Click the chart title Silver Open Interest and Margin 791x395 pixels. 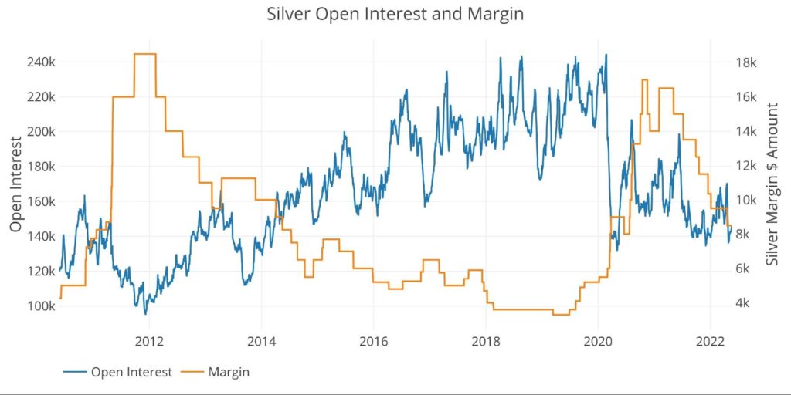pos(395,14)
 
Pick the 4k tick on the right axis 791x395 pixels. pos(747,303)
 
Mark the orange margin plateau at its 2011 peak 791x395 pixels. pos(145,54)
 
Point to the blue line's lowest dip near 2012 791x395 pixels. pos(145,313)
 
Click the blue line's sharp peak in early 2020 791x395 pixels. pos(606,55)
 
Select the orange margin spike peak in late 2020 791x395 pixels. pos(643,80)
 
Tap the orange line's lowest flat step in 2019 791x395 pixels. pos(561,315)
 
